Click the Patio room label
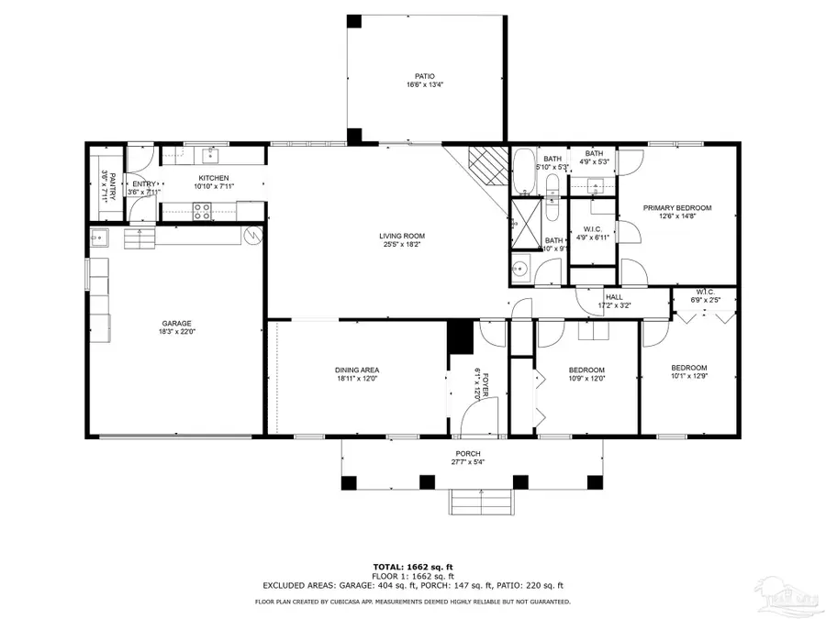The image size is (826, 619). pos(424,76)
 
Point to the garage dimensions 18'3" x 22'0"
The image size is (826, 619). pos(176,332)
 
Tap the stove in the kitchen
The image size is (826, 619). pos(201,210)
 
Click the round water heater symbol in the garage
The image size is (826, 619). pos(251,236)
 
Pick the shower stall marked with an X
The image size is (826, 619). pos(526,224)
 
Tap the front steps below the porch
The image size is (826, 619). pos(479,503)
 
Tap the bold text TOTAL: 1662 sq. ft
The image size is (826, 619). pos(413,567)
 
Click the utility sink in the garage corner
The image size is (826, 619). pos(98,238)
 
